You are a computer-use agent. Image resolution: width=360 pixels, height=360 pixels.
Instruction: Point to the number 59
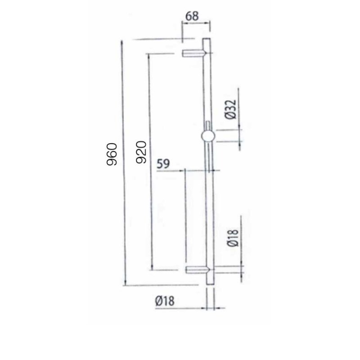click(163, 164)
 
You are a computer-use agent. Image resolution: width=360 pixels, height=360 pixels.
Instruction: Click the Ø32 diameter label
click(229, 109)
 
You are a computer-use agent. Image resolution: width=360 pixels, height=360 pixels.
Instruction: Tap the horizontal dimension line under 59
click(198, 171)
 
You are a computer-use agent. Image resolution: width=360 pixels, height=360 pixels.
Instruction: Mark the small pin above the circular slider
click(207, 125)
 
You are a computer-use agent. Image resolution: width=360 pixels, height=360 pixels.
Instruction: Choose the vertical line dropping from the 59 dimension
click(184, 216)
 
